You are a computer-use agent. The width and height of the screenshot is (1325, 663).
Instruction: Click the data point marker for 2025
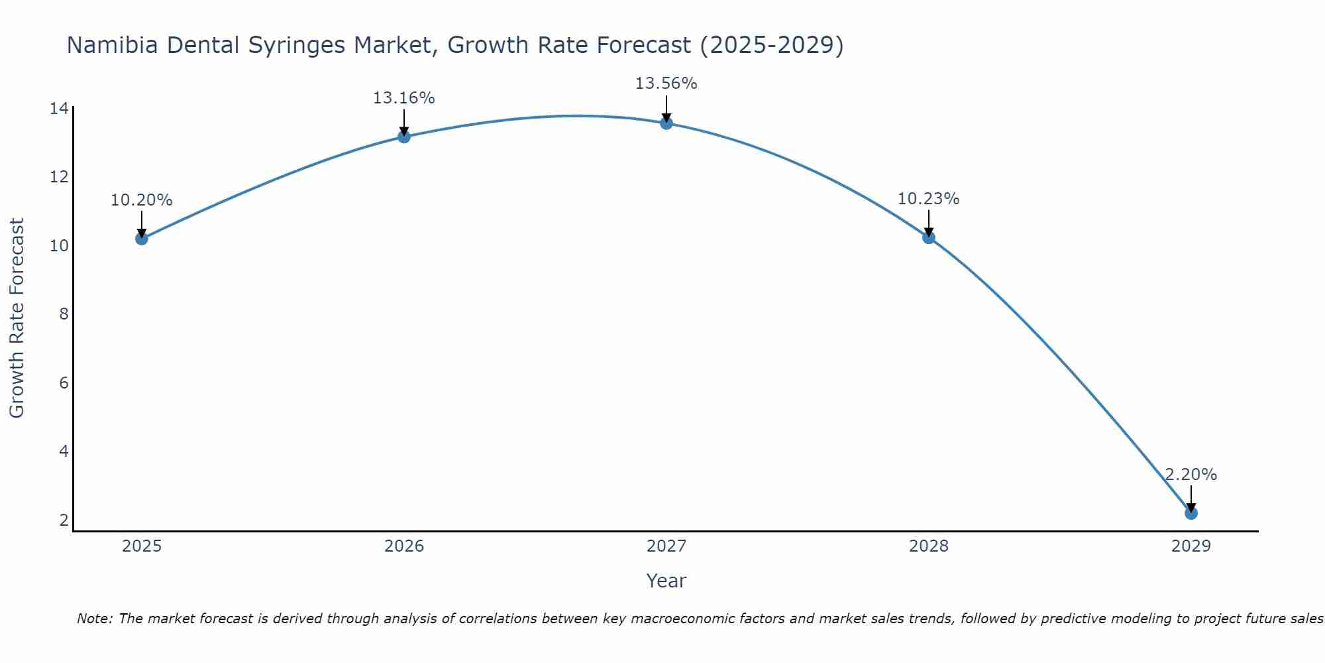pos(141,238)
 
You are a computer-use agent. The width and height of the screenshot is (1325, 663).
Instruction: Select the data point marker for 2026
pos(403,137)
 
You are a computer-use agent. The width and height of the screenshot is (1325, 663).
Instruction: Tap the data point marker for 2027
pos(666,123)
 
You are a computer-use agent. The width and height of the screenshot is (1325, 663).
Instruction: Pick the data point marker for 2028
pos(928,237)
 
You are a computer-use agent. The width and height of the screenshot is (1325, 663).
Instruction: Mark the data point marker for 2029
pos(1191,512)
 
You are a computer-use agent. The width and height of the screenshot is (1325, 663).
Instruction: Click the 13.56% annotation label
pos(666,84)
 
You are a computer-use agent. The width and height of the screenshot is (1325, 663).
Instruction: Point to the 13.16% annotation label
pos(403,98)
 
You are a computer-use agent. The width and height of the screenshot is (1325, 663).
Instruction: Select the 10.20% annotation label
pos(141,200)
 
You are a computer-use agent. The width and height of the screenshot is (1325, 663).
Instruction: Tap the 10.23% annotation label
pos(928,199)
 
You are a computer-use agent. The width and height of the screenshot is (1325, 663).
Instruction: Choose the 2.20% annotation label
pos(1191,475)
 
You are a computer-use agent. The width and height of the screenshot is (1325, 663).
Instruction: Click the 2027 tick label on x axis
pos(666,546)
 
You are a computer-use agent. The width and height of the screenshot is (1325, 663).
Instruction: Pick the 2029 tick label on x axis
pos(1191,546)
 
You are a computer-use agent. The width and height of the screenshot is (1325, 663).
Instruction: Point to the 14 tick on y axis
pos(59,108)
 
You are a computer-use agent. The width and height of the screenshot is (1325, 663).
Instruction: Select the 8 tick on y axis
pos(64,314)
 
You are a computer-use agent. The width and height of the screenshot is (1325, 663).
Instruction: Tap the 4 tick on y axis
pos(64,452)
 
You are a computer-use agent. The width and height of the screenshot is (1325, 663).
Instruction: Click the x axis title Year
pos(666,581)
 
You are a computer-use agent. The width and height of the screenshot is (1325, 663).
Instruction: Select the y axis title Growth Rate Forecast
pos(17,318)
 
